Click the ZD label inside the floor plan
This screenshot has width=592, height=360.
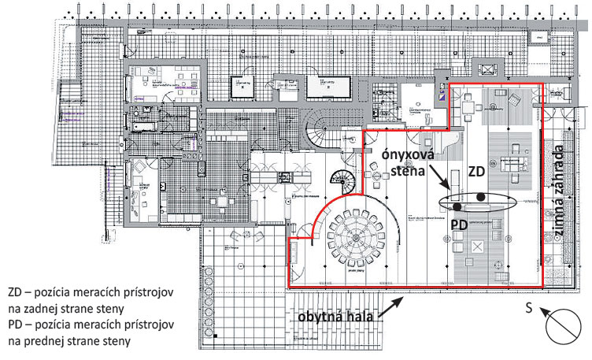[x=476, y=172]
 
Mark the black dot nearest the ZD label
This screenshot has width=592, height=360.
[x=480, y=197]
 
